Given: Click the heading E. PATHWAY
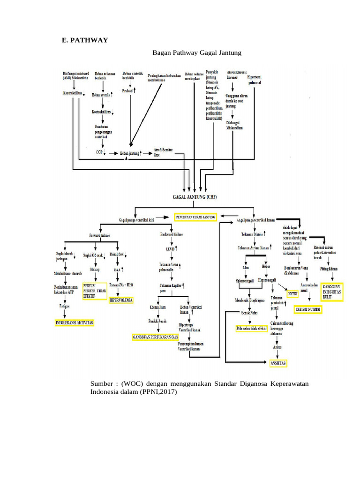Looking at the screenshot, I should tap(85, 40).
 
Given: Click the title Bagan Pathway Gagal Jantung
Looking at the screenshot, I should tap(197, 53).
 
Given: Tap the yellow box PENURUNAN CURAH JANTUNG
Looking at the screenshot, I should tap(196, 217).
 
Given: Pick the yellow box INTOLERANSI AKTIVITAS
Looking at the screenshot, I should tap(74, 323).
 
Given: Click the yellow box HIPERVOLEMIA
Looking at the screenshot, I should tap(121, 299).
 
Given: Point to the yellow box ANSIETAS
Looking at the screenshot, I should tap(277, 363).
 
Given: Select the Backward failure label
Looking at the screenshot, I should tap(172, 234).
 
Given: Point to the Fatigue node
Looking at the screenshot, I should tap(65, 306).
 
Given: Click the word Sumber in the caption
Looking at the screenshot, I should tap(102, 384).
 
